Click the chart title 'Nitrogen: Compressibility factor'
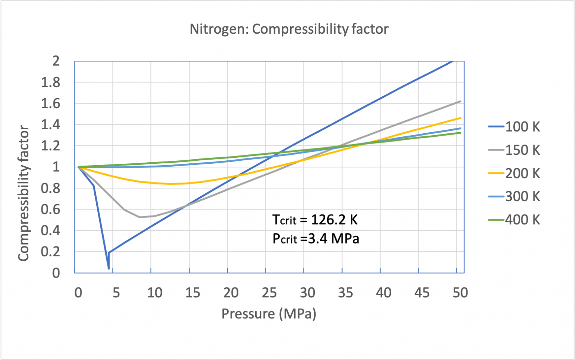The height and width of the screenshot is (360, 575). tap(289, 29)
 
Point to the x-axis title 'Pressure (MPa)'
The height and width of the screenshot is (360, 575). tap(269, 314)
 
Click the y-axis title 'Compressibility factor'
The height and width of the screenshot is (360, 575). tap(24, 193)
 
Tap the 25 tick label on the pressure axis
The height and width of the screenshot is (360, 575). tap(269, 293)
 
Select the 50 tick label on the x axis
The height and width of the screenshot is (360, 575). tap(460, 293)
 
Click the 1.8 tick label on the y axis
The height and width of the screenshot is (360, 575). tap(51, 82)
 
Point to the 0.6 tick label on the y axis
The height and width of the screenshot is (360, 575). tap(51, 209)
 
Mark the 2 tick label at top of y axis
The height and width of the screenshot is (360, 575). tap(56, 61)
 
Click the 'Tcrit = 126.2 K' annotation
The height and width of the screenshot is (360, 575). tap(315, 220)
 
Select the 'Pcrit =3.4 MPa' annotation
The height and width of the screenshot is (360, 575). tap(316, 239)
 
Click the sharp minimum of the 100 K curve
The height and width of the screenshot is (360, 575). tap(109, 268)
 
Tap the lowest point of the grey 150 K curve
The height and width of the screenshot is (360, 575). tap(140, 217)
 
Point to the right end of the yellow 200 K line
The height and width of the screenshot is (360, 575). tap(460, 118)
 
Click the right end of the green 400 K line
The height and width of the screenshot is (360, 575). tap(460, 133)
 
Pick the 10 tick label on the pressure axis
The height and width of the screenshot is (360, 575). tap(155, 293)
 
